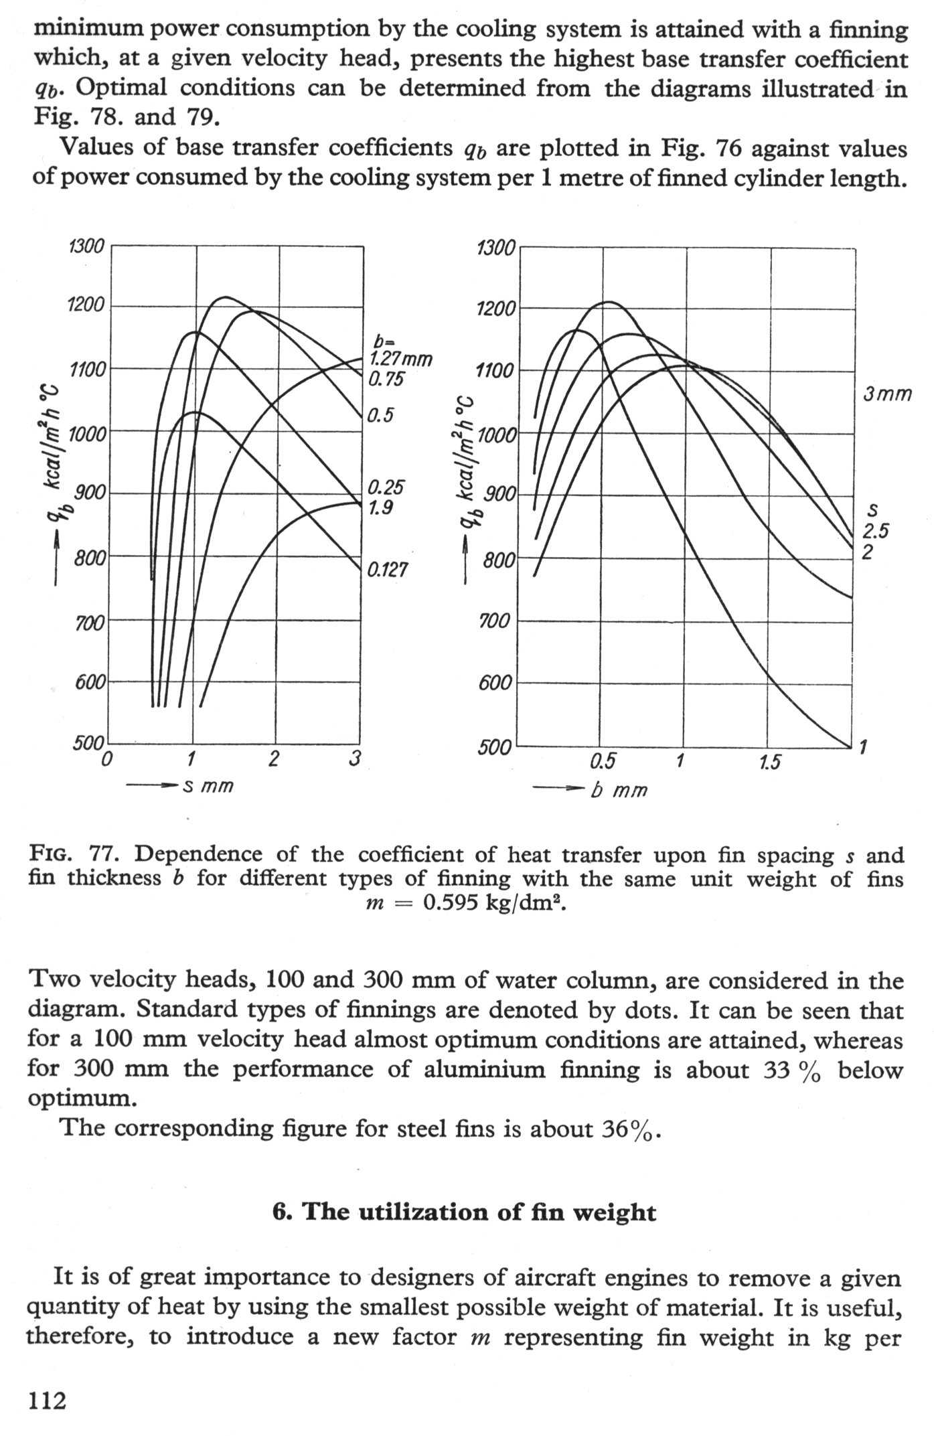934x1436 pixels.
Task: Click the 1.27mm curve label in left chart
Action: pyautogui.click(x=400, y=360)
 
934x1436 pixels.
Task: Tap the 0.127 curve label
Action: pyautogui.click(x=388, y=570)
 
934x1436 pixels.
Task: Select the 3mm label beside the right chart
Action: pyautogui.click(x=887, y=394)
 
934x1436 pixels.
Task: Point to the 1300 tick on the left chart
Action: pyautogui.click(x=86, y=247)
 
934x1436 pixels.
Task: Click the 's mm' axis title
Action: pyautogui.click(x=208, y=785)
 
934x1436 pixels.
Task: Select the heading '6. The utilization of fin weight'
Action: pyautogui.click(x=465, y=1212)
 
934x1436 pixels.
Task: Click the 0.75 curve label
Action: pyautogui.click(x=386, y=380)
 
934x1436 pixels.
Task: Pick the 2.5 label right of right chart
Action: pyautogui.click(x=876, y=532)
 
